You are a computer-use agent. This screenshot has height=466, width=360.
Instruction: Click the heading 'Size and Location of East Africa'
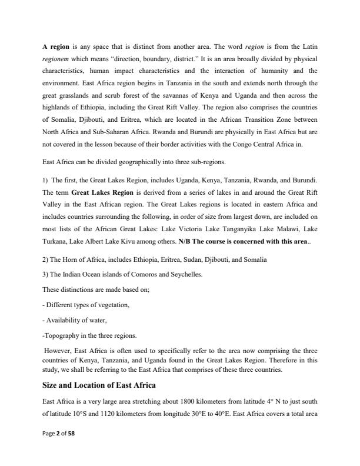99,385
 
